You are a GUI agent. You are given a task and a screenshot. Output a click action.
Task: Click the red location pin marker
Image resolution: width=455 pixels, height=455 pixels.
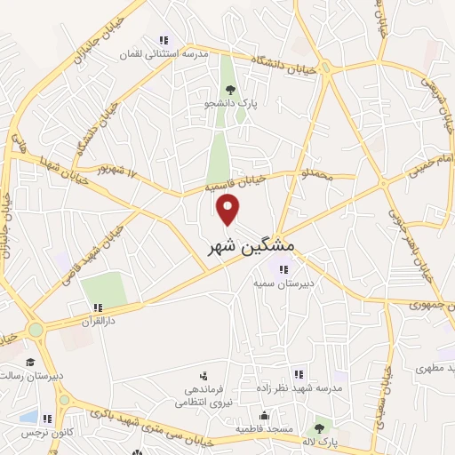coord(229,210)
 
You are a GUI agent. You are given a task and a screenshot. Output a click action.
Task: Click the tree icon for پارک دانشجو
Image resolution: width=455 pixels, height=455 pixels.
coord(231,89)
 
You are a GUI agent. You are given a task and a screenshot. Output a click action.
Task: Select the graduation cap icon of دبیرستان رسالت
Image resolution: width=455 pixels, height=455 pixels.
coord(30,362)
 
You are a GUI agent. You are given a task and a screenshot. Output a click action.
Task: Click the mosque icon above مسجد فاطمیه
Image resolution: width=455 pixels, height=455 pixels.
coord(264,414)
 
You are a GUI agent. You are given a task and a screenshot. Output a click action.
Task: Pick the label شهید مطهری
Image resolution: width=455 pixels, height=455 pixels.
coord(435,367)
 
